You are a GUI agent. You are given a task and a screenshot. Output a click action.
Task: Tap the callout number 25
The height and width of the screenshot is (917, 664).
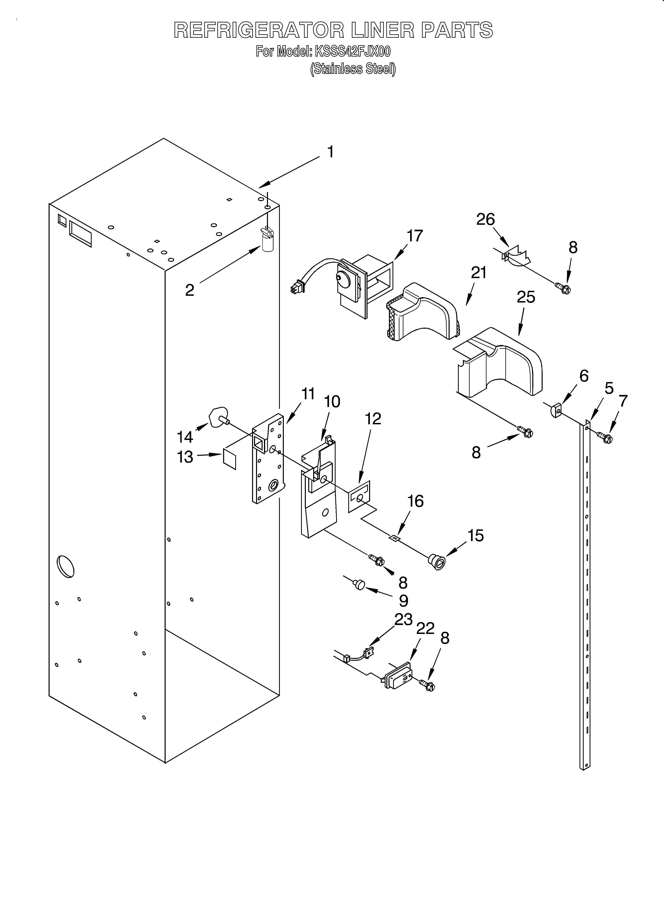click(526, 297)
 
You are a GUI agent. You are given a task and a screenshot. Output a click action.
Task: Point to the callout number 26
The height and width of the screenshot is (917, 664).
click(485, 220)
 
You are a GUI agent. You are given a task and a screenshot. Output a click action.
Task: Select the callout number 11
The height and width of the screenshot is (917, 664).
click(308, 394)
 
